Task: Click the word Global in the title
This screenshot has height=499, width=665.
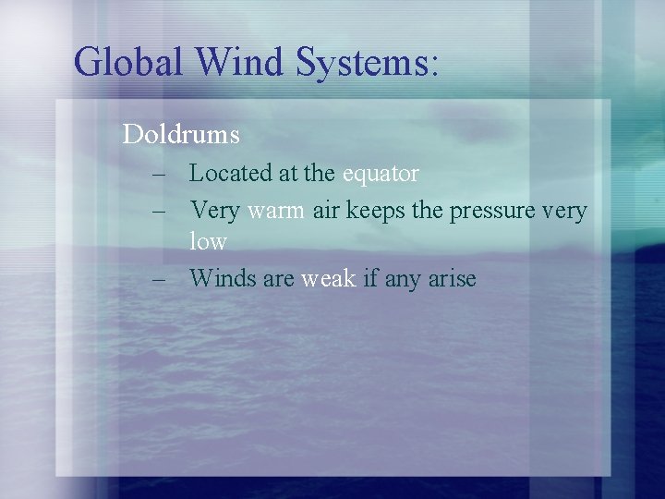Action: coord(128,62)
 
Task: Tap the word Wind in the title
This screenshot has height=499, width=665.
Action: coord(240,62)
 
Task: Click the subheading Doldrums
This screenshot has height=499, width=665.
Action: coord(181,135)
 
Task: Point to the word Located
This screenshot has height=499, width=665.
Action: coord(230,173)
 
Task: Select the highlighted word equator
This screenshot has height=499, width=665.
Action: coord(381,174)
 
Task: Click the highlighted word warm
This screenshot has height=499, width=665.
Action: coord(275,212)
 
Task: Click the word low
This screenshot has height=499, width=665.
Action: coord(208,242)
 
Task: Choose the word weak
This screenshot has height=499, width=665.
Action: coord(328,278)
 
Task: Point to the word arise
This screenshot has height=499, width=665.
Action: coord(452,278)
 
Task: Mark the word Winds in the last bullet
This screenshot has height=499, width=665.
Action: coord(223,278)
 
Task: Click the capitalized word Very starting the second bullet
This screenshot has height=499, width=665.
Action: coord(214,212)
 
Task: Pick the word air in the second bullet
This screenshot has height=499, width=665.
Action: coord(326,212)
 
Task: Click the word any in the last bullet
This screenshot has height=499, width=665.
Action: coord(402,279)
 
